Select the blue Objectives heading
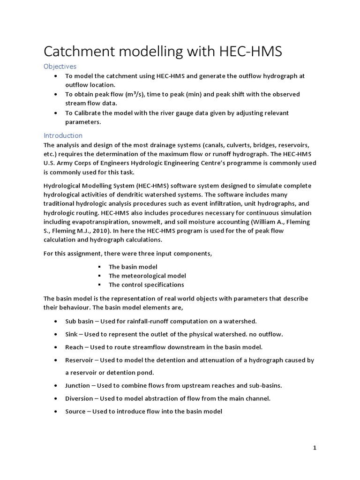[x=60, y=66]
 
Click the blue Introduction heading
[x=63, y=135]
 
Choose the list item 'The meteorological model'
[x=147, y=276]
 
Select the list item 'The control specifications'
[x=146, y=285]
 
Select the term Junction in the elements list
[x=78, y=385]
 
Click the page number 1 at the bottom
[x=315, y=448]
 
